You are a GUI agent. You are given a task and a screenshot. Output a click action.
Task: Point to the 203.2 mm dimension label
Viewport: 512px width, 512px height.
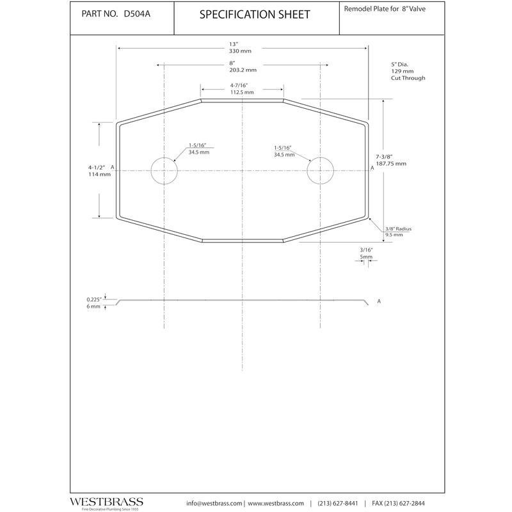point(242,70)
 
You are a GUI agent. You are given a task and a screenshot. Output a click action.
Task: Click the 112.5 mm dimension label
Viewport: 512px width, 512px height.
point(242,92)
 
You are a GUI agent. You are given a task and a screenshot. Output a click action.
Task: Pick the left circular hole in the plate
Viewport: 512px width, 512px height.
point(164,171)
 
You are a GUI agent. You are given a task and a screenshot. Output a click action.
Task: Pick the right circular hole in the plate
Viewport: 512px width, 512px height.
point(321,171)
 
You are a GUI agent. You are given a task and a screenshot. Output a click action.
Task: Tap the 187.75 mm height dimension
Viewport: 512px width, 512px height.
point(391,164)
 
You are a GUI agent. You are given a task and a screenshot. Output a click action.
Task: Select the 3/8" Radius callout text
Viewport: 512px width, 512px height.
point(399,228)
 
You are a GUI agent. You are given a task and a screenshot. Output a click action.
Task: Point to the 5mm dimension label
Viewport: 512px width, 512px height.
point(366,257)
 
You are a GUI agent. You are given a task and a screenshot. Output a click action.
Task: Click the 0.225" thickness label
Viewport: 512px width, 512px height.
point(95,299)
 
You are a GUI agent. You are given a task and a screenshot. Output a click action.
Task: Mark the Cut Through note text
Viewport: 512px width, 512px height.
point(408,78)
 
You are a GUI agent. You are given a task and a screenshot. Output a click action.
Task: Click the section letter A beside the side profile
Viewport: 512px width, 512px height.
point(380,301)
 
